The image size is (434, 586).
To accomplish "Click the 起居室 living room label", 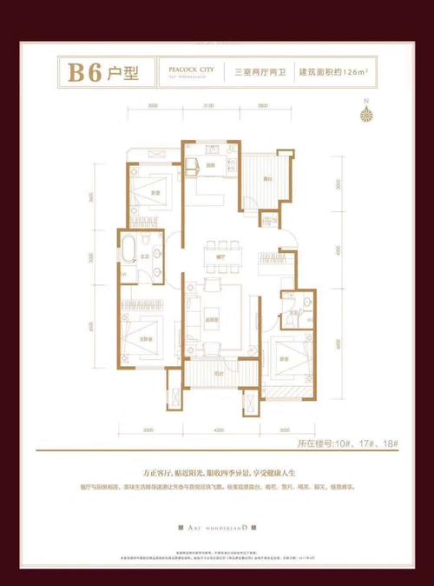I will [x=220, y=319].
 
